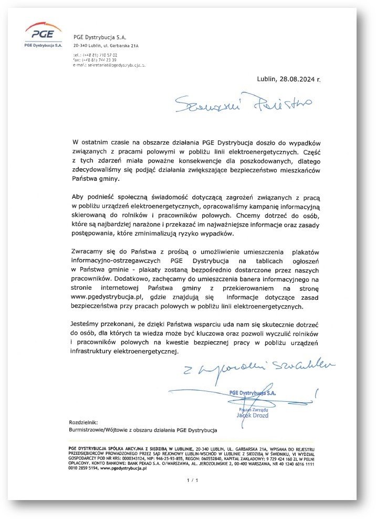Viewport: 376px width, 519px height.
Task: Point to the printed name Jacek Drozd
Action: [252, 415]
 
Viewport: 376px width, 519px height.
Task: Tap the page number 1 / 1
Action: [192, 480]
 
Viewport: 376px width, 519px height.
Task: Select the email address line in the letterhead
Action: [109, 65]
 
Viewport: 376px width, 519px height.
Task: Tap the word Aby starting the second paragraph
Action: [78, 196]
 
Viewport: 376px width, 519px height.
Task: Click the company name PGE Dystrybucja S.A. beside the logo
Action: [103, 36]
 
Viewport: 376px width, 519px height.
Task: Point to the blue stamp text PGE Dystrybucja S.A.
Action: [253, 392]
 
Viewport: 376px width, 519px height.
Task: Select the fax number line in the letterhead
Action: [95, 60]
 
